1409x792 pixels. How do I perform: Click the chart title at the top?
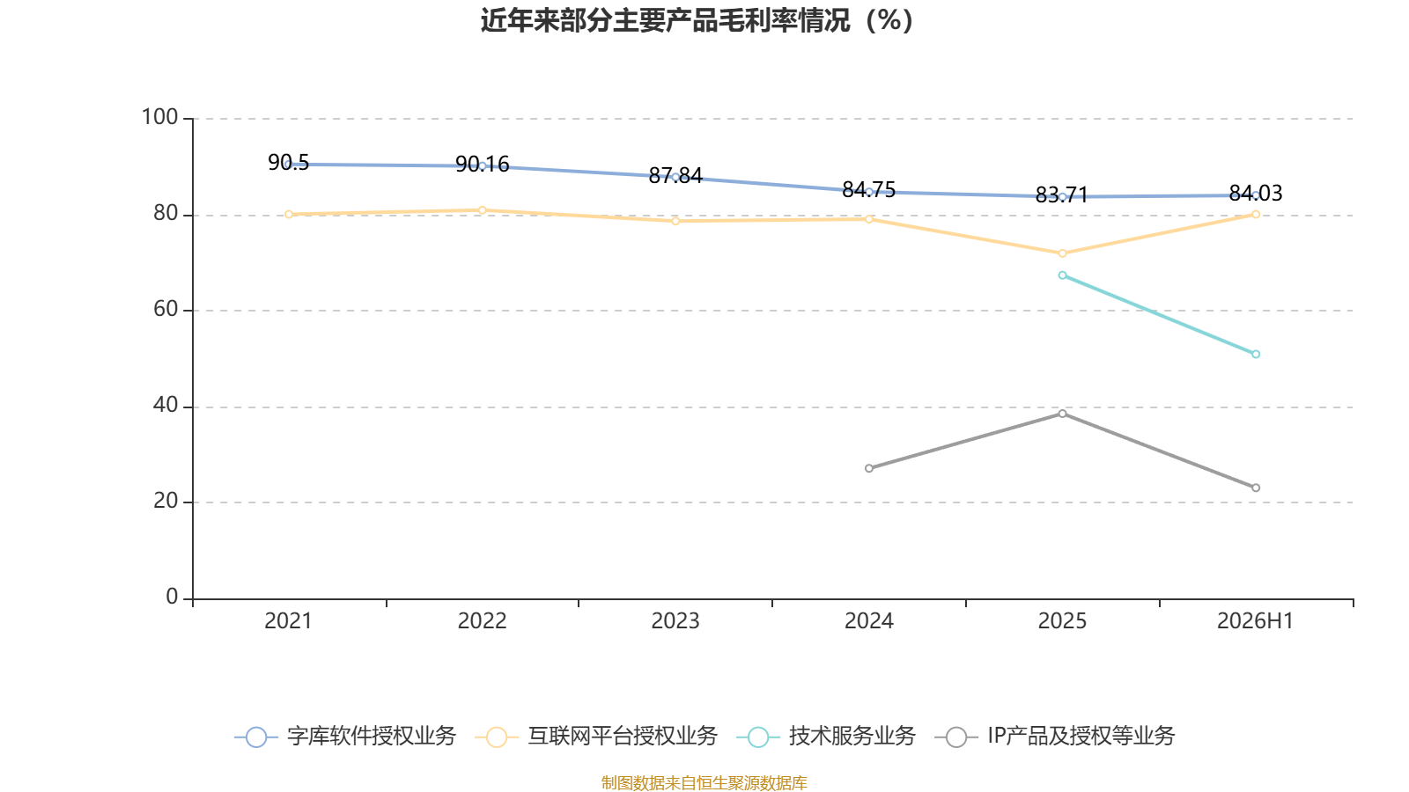pos(697,21)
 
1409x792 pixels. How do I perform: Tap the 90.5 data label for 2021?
pos(289,163)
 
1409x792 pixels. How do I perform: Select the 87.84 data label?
pos(675,175)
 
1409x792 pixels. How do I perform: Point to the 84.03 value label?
pos(1256,193)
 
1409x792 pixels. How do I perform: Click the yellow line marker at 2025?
pos(1062,253)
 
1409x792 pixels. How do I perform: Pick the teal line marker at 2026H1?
pos(1256,355)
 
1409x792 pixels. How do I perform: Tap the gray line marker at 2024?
pos(868,468)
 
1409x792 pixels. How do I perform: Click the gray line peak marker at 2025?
pos(1062,414)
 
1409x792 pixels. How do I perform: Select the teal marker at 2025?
pos(1062,275)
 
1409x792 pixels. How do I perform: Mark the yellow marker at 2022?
pos(482,210)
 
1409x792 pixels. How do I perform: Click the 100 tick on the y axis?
pos(159,118)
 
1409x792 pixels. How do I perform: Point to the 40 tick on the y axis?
pos(166,406)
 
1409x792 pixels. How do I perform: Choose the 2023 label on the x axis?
pos(675,621)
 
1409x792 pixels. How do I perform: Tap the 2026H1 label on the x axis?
pos(1256,621)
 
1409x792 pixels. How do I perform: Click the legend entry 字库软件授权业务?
pos(344,736)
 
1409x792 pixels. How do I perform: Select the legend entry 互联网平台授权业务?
pos(596,736)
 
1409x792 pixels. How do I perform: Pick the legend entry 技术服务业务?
pos(826,736)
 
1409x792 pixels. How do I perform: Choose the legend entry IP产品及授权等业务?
pos(1055,736)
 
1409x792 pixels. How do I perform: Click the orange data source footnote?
pos(704,782)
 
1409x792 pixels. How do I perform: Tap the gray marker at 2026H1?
pos(1256,488)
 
